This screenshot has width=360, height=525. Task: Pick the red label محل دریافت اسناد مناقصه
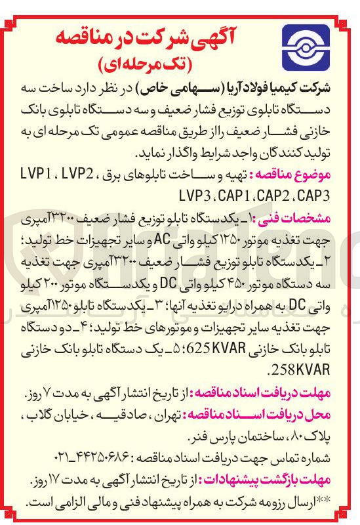click(282, 415)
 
